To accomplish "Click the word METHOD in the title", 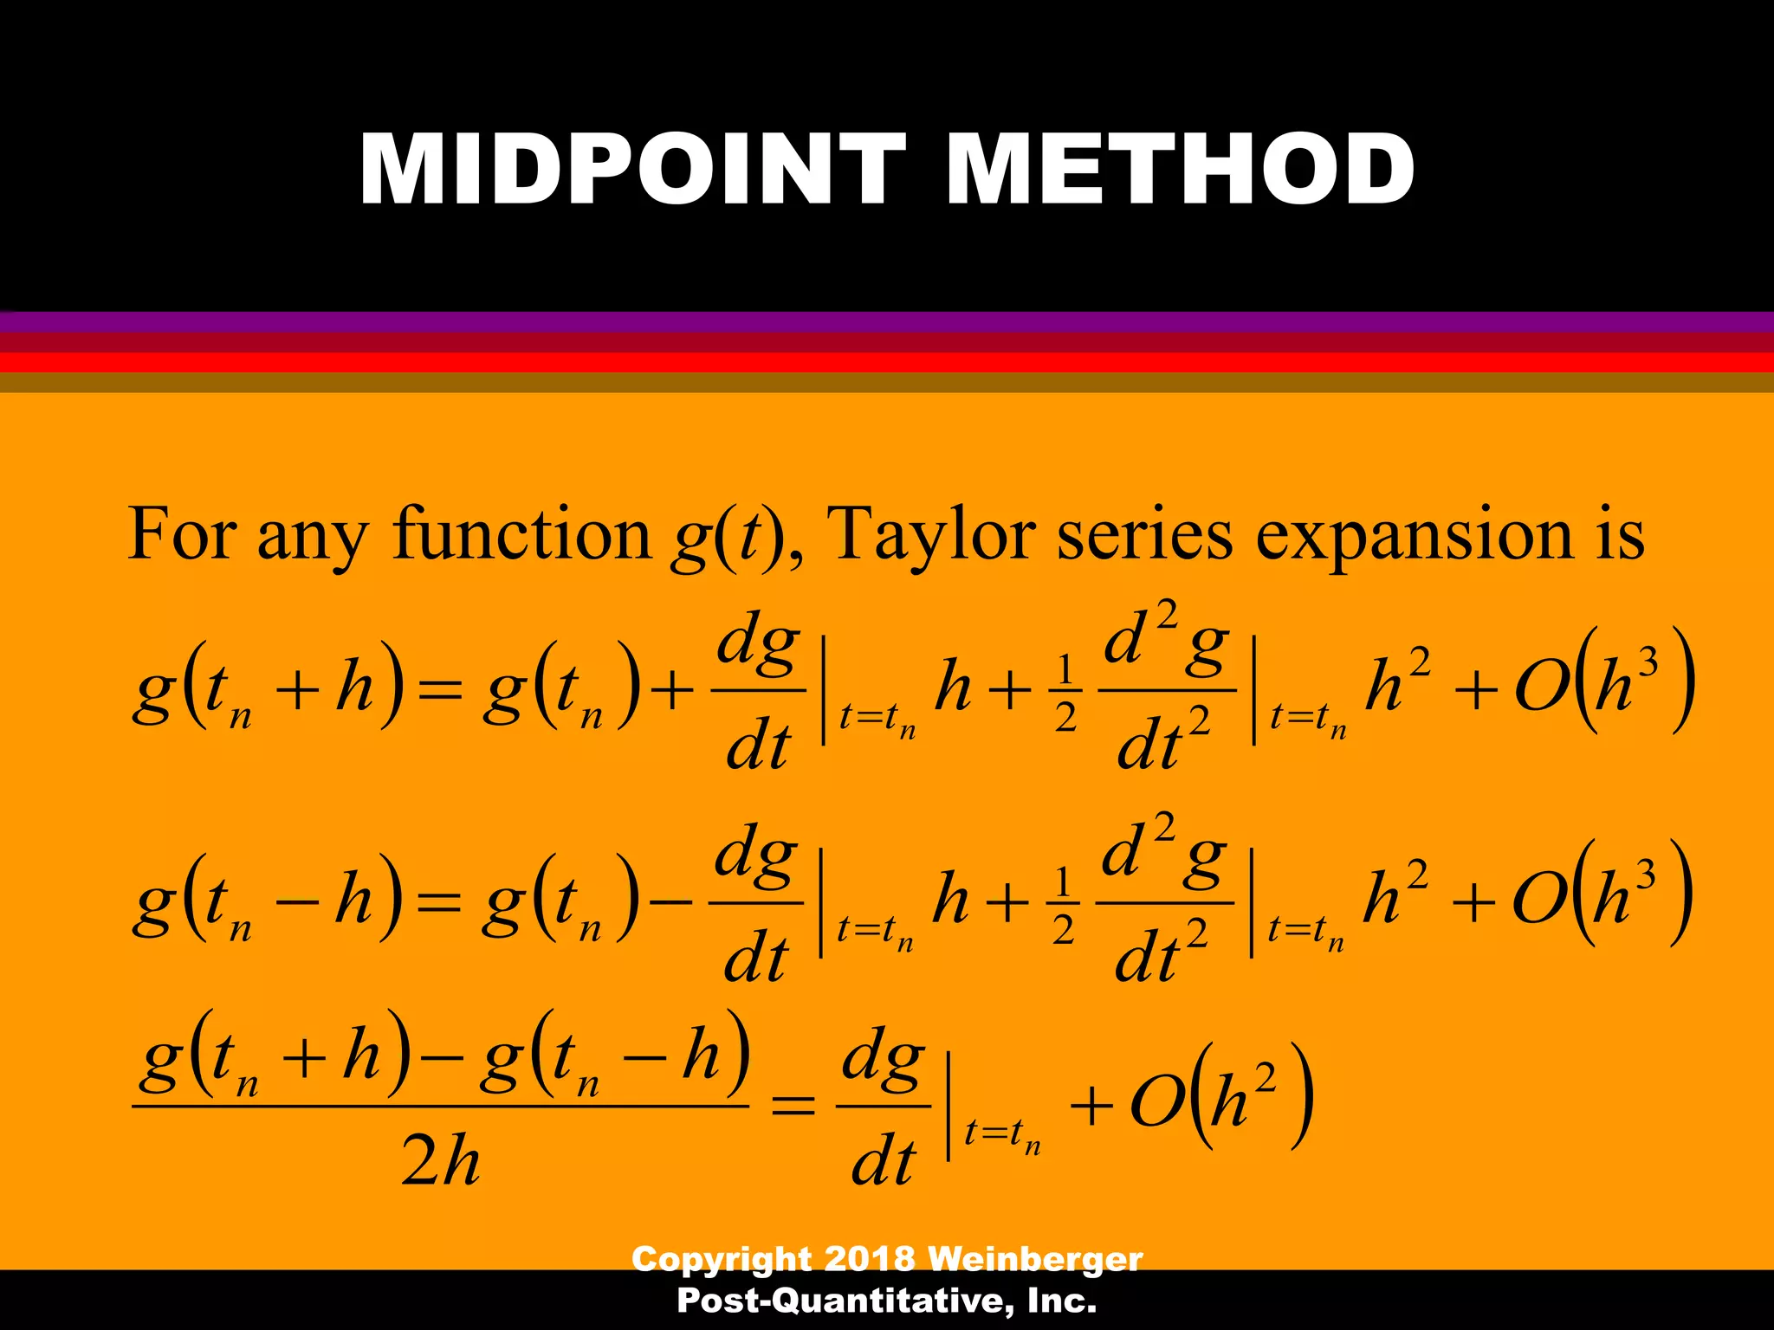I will [1180, 170].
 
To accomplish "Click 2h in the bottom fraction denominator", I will [440, 1160].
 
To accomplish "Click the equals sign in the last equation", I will [793, 1107].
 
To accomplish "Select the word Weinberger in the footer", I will [1034, 1258].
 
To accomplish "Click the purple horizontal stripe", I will [887, 322].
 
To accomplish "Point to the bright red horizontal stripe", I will [887, 362].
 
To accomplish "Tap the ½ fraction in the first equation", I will [1065, 693].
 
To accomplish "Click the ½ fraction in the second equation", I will [1063, 906].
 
